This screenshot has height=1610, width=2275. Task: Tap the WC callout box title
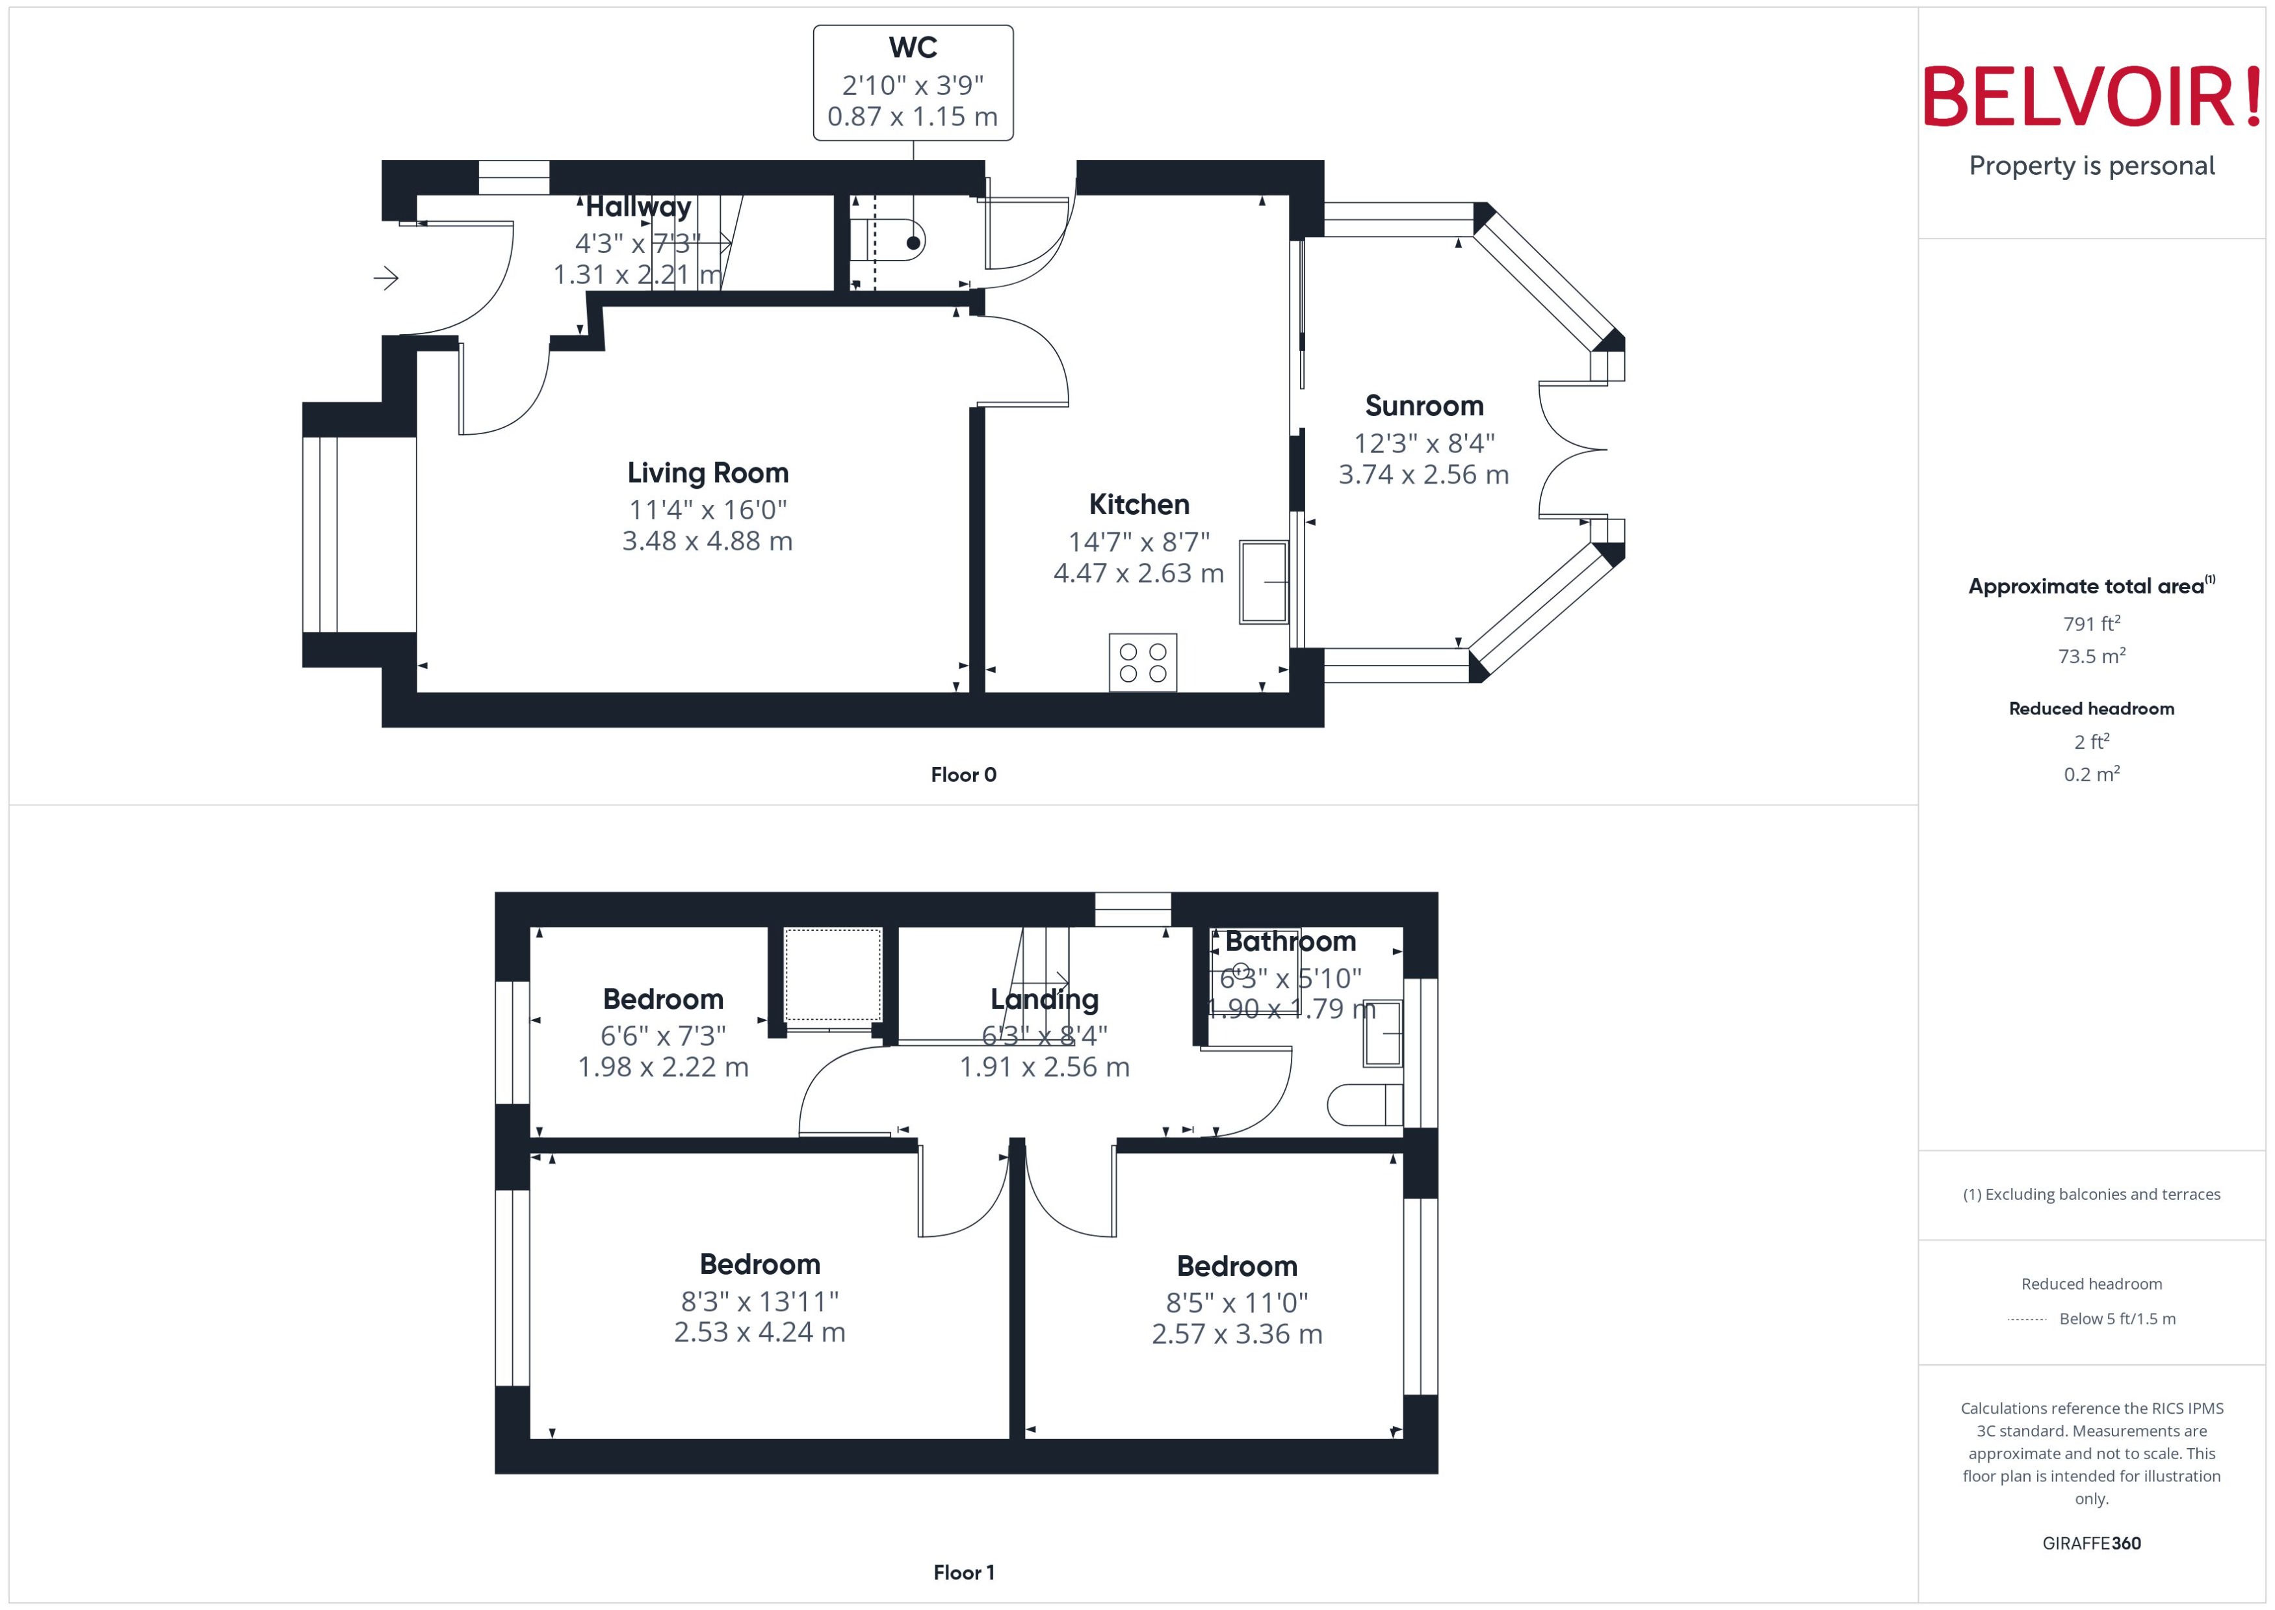coord(912,47)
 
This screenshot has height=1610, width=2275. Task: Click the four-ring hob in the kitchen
coord(1142,662)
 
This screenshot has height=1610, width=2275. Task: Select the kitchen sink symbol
coord(1263,582)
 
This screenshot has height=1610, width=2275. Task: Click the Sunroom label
coord(1423,406)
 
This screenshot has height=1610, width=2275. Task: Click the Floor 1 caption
coord(963,1572)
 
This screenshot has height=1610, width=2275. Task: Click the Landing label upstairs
coord(1044,999)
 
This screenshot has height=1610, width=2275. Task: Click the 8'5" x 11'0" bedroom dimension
coord(1236,1303)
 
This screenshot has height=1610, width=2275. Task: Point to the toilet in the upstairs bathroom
coord(1363,1104)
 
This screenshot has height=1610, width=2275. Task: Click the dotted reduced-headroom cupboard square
coord(832,974)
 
